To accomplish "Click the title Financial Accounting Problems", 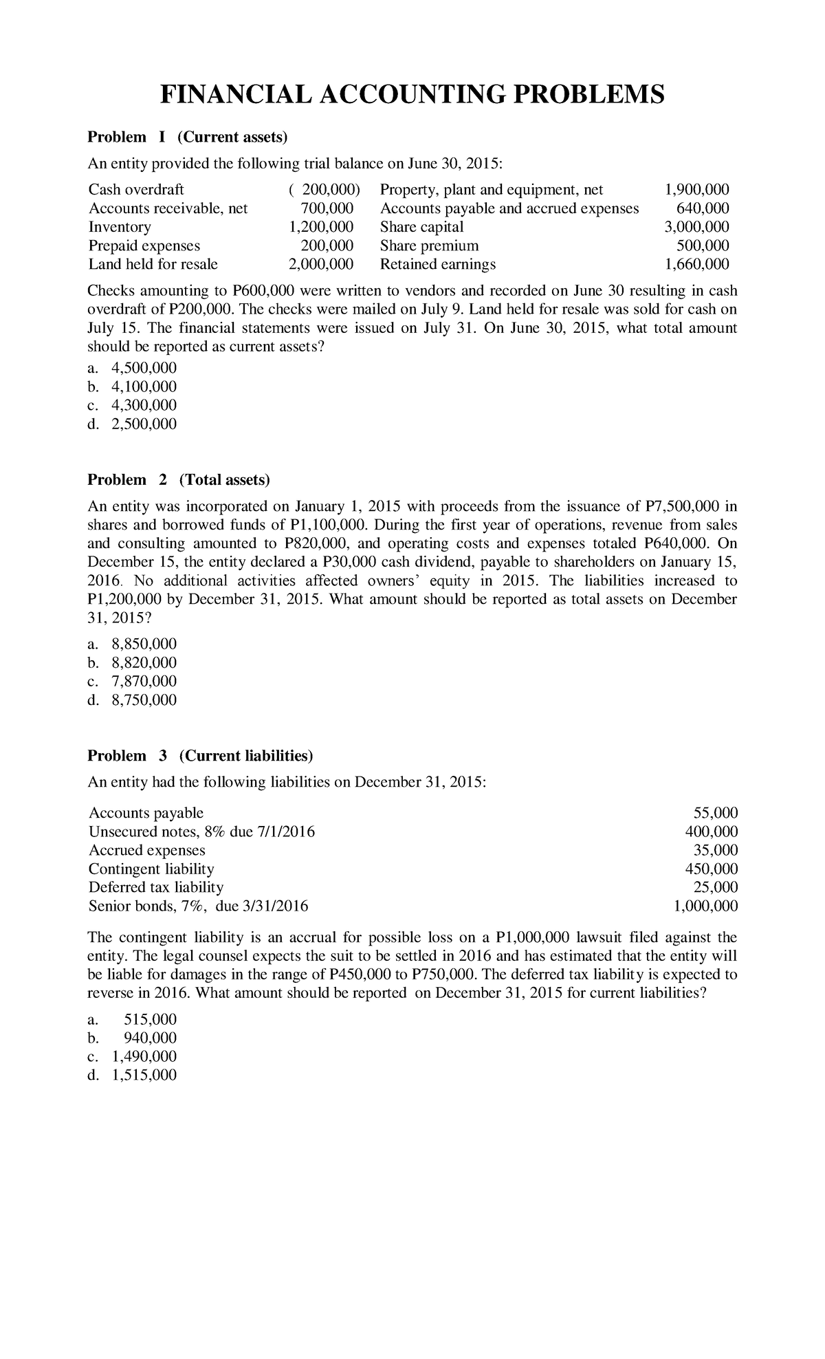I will [412, 94].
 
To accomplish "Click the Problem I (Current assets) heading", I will [186, 137].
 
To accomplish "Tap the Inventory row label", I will [120, 227].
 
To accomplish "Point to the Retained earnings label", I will [437, 264].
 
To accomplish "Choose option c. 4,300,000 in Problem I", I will [132, 405].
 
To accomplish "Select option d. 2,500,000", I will [132, 424].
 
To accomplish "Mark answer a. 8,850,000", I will [132, 644].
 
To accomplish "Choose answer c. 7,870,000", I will [132, 681].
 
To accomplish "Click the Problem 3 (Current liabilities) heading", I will [200, 756].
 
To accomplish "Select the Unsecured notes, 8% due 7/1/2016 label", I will [201, 831].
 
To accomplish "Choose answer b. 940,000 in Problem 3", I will [132, 1038].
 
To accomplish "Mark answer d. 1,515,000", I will [132, 1075].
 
